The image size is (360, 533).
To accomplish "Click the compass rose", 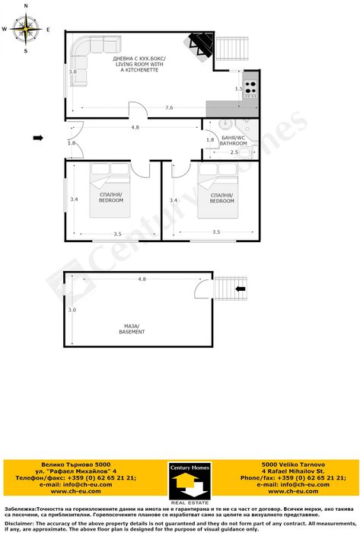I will point(27,30).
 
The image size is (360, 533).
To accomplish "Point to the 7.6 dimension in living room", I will point(168,108).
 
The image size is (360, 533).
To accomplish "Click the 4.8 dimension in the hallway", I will point(135,127).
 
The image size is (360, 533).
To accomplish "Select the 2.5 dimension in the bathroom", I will point(234,152).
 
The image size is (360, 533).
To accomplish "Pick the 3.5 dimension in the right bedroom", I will point(216,232).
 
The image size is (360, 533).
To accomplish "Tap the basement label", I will point(131,329).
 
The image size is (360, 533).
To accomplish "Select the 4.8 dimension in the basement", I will point(142,279).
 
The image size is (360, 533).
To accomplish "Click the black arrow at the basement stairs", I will point(241,289).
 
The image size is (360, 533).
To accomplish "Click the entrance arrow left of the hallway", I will point(39,138).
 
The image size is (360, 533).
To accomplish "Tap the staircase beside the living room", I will point(232,50).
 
